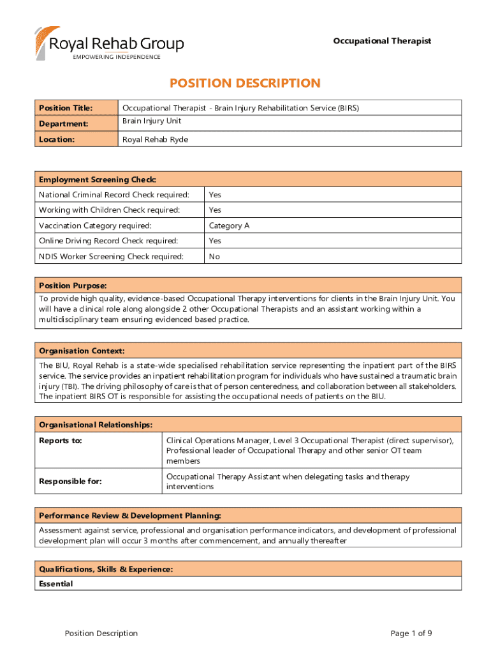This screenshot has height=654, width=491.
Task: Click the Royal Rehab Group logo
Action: pos(109,43)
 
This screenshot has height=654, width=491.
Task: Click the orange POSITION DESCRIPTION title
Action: pos(245,83)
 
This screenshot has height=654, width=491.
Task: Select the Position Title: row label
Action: pos(66,108)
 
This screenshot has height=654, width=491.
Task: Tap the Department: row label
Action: pos(63,123)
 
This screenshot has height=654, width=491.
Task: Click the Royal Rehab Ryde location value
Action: pos(155,139)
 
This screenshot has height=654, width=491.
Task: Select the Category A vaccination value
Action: pos(224,225)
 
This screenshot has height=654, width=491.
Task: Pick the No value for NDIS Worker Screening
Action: pos(214,256)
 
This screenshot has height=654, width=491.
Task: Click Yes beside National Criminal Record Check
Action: pos(215,195)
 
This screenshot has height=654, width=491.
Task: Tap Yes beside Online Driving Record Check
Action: pos(215,241)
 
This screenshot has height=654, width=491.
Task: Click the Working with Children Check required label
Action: pos(109,210)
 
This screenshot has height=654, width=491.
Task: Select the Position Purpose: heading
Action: pos(73,285)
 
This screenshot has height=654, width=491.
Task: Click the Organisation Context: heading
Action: pos(82,351)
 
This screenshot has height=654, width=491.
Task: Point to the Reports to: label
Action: pos(61,441)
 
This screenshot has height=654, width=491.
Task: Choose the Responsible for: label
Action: pos(70,482)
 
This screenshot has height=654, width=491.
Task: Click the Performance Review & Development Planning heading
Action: pos(130,515)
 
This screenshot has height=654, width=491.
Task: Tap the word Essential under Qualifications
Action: pos(56,584)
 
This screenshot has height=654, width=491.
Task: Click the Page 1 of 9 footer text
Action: pos(411,634)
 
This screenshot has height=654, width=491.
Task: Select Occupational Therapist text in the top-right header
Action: pos(382,41)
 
